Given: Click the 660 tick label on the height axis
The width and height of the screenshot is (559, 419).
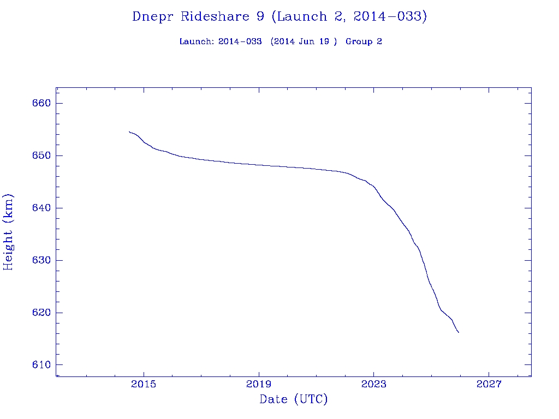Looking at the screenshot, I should pos(41,104).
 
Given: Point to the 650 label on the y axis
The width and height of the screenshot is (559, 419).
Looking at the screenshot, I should pos(41,156).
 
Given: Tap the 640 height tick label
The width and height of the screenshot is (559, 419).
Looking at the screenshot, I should pos(41,208).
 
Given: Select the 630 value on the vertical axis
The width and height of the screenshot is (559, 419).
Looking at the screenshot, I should pos(41,261).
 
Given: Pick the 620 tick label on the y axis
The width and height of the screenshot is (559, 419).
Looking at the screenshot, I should pos(41,313).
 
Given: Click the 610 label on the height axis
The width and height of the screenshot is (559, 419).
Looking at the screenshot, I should pos(41,365).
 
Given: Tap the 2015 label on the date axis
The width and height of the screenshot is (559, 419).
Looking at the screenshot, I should pos(144,385).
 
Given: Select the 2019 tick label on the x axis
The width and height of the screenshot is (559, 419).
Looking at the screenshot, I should pos(259,385).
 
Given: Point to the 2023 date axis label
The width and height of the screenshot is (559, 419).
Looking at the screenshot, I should pos(373,385).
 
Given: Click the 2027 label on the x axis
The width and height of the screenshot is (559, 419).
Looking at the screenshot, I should pos(489,385).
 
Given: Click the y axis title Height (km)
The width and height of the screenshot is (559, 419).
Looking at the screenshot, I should pos(8,232).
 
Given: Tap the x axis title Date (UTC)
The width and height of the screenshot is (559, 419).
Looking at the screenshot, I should pos(294,400).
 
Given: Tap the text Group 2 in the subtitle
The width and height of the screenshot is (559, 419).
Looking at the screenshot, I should pos(364,42).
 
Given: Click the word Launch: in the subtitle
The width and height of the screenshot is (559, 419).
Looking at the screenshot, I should pos(197,42).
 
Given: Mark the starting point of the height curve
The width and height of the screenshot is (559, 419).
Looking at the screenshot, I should pos(129,131).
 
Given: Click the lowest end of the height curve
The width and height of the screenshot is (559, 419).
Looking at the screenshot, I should pos(459,332).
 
